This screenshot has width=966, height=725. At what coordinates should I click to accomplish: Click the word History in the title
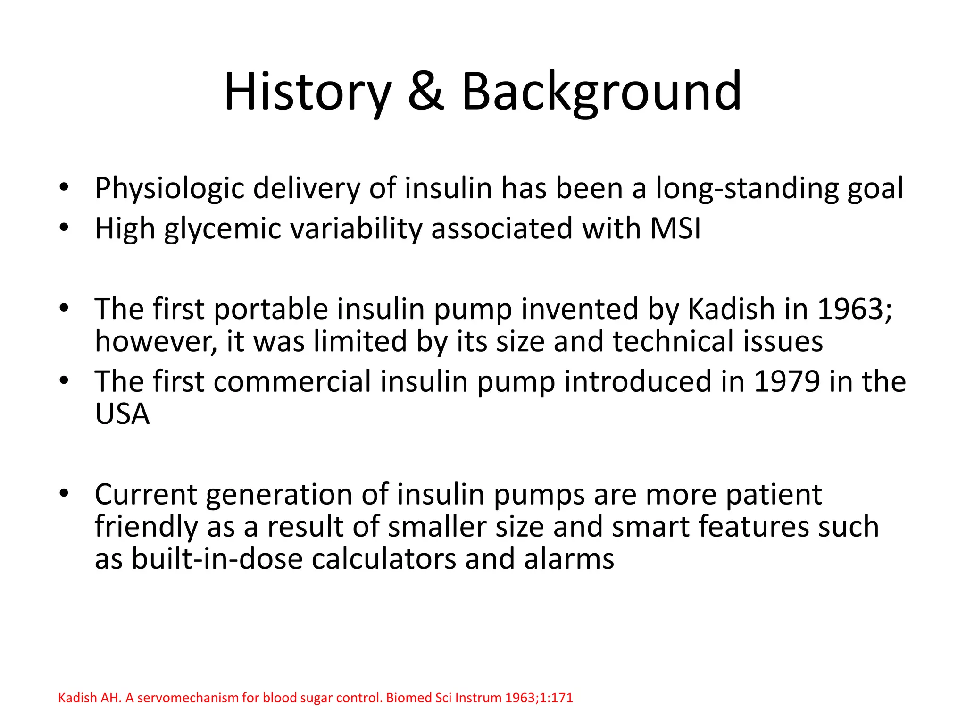point(307,92)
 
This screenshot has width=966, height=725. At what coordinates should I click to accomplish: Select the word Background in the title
point(601,92)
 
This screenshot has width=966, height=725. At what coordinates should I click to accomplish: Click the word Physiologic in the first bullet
point(169,189)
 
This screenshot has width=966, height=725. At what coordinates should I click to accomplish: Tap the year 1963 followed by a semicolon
point(854,309)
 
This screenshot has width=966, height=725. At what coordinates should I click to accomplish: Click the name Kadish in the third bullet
point(731,309)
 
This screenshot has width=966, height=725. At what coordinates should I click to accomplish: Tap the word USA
point(122,414)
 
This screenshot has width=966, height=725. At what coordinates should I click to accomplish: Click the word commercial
point(292,382)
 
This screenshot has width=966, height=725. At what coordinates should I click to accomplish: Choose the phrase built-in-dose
point(199,559)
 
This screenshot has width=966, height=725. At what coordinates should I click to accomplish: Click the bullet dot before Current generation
point(64,494)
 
